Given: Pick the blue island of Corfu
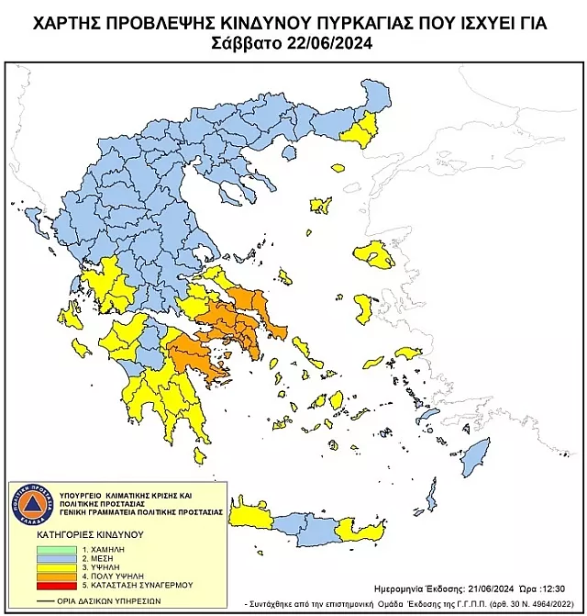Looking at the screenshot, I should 37,220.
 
